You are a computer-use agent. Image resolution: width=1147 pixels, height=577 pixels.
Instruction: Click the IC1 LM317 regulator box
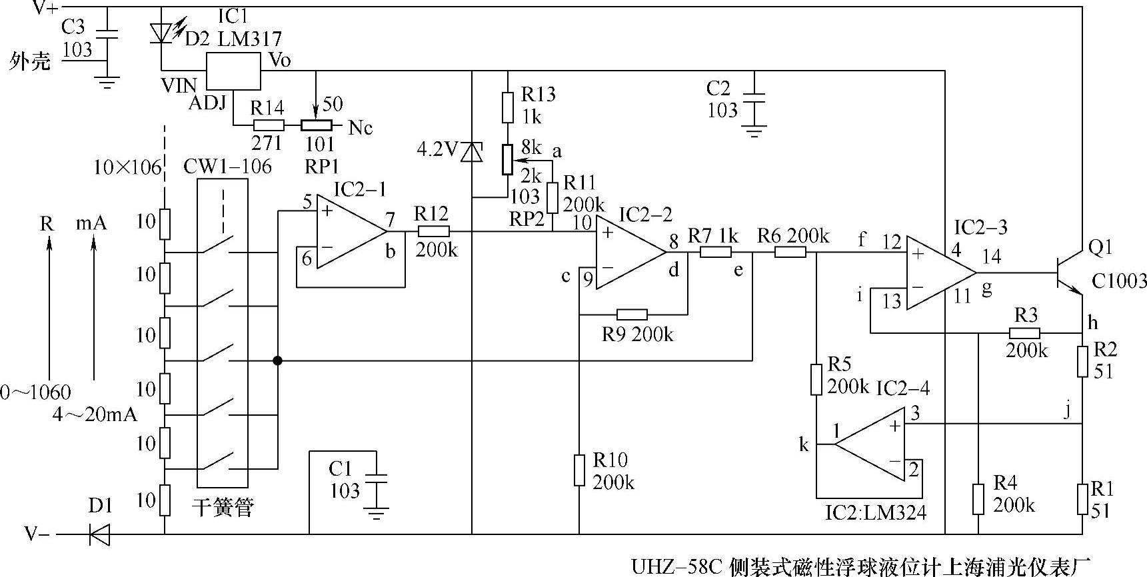(233, 70)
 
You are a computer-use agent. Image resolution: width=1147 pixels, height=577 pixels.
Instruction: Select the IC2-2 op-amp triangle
(626, 253)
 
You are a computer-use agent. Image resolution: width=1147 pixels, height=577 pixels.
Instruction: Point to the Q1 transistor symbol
(1067, 273)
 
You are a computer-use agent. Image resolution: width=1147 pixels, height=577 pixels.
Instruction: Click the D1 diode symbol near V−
(100, 534)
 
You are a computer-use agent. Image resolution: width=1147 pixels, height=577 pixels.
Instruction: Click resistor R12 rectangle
(433, 232)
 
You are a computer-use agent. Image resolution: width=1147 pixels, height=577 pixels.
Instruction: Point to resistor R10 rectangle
(579, 470)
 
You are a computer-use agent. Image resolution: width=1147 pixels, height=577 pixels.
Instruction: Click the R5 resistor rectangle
(816, 380)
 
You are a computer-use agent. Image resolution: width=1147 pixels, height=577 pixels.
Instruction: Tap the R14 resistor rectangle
(269, 125)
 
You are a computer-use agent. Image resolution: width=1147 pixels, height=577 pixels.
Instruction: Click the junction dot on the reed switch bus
(277, 361)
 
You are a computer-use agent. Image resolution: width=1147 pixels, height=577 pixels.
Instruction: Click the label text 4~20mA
(94, 414)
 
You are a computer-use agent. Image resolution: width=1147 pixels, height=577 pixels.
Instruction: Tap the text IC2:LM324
(875, 513)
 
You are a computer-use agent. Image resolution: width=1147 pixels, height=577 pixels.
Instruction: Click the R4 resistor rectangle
(978, 499)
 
